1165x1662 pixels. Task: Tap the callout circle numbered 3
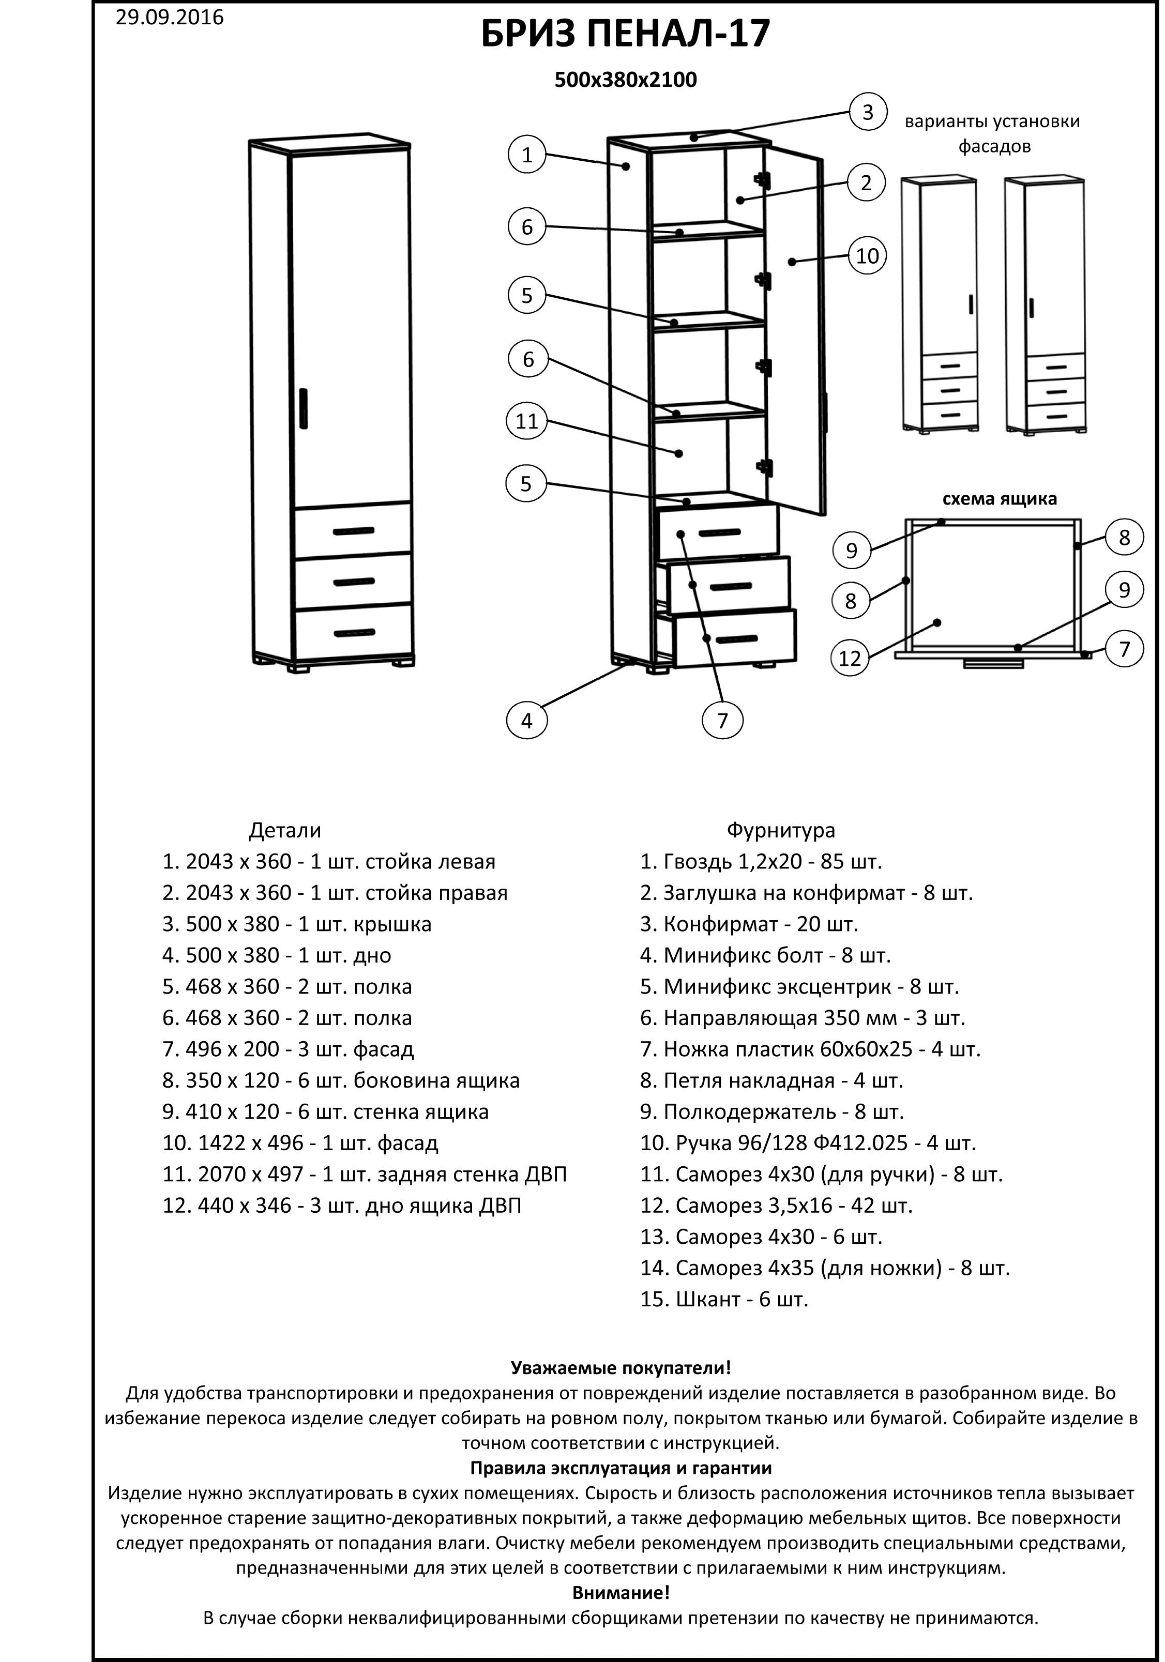867,112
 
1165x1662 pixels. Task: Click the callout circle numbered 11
526,421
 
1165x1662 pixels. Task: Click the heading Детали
284,830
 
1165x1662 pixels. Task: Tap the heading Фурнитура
780,830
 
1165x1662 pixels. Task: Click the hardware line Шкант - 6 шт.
723,1299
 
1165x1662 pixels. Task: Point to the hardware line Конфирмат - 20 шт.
749,924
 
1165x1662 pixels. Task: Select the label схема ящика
998,499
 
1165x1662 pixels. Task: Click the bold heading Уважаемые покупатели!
621,1368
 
